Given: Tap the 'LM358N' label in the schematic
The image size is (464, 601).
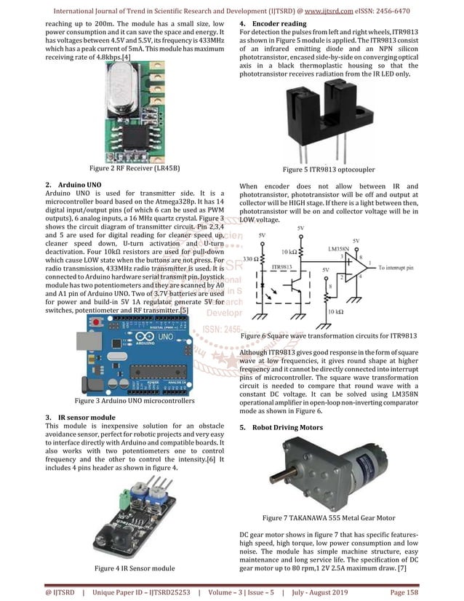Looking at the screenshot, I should [x=356, y=249].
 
